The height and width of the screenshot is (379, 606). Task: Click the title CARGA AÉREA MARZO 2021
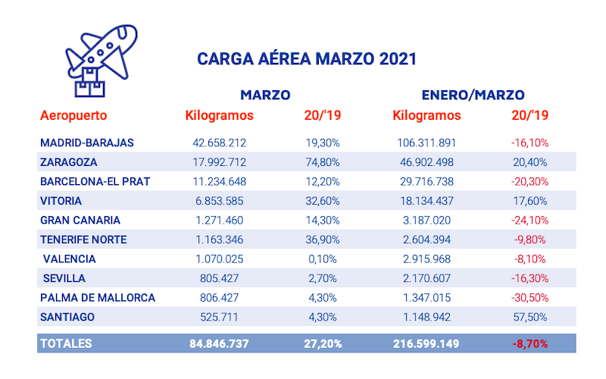point(307,58)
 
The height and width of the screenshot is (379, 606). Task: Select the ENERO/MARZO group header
point(473,95)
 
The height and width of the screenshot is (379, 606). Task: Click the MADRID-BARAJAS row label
point(87,143)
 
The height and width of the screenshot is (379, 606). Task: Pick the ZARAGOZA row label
point(69,161)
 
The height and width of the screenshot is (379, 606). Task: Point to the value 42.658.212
point(218,143)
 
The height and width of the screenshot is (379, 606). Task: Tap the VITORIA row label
point(61,201)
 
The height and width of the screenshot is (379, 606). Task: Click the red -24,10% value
point(529,221)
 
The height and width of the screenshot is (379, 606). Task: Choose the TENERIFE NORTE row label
point(83,240)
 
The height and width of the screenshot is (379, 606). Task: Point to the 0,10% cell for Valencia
point(324,259)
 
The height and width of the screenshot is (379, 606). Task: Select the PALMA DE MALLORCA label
point(98,298)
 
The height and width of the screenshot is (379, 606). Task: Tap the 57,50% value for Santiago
point(530,317)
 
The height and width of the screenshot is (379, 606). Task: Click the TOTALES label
point(66,343)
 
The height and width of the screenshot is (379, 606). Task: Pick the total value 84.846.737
point(218,343)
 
